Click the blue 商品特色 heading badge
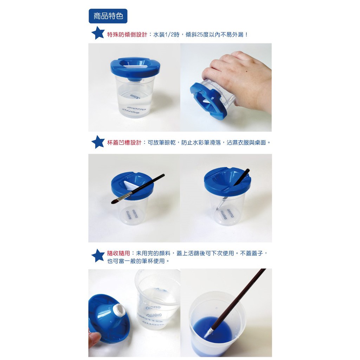tap(108, 16)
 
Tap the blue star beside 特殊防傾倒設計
tap(98, 33)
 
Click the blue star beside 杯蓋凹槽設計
tap(98, 142)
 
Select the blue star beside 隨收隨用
tap(98, 256)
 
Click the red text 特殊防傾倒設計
tap(127, 35)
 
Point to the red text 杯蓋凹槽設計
tap(124, 143)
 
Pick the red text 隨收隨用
tap(118, 253)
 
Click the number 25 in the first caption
tap(200, 35)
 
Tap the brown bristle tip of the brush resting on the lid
tap(115, 201)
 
